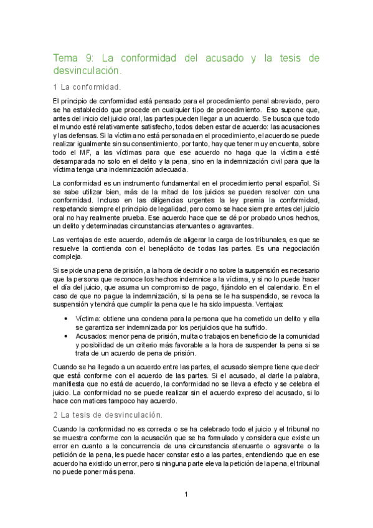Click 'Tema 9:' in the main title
72,58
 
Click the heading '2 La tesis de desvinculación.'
108,414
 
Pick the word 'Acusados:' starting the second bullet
92,335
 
